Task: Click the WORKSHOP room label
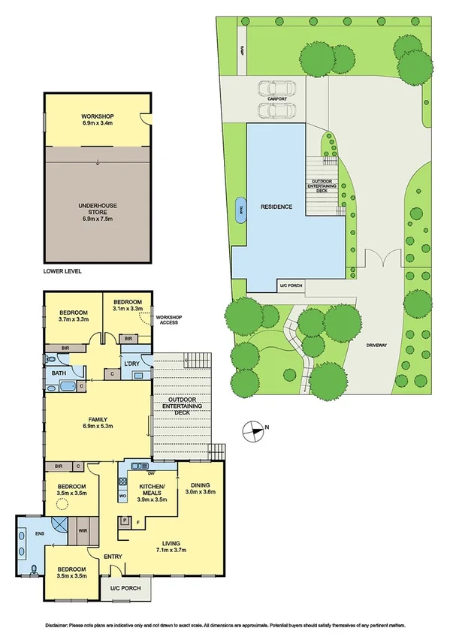click(96, 116)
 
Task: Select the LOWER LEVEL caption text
click(62, 270)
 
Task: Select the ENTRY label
click(113, 556)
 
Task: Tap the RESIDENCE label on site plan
click(276, 207)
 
